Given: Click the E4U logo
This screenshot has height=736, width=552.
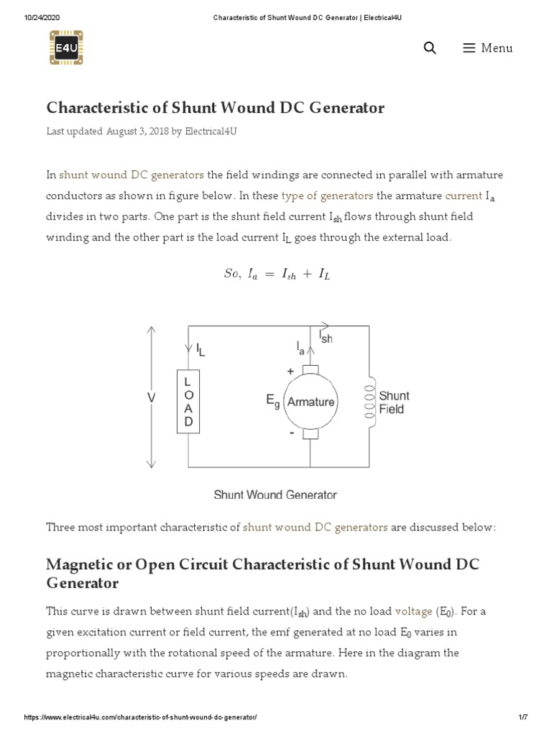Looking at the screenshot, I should coord(66,47).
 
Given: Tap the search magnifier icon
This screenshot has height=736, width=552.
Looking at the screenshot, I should coord(430,48).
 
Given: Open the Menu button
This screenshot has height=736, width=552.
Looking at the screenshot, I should coord(488,48).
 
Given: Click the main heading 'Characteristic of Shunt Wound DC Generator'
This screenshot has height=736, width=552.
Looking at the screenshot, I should coord(215,108).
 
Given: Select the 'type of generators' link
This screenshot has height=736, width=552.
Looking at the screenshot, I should coord(327,195).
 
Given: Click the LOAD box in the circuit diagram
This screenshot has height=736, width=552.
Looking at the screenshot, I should coord(188,402).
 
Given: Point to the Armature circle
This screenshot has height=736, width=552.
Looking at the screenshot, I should coord(310,402).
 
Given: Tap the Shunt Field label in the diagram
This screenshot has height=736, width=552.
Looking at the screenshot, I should coord(394,402).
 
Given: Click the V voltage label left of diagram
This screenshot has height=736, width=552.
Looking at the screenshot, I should coord(152,396).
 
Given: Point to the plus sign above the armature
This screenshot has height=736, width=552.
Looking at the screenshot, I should coord(290,372).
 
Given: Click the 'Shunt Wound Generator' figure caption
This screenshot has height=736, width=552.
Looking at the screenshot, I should coord(275,494).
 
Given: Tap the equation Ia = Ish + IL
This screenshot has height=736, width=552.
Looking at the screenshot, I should coord(277,274).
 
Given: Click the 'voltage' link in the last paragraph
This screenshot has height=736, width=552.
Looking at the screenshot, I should coord(413,611).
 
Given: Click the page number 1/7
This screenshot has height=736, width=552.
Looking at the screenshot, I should coord(523,717).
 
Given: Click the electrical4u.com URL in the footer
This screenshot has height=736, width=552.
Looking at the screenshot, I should coord(140,717).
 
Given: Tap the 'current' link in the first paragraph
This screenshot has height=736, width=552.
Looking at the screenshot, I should coord(464,195).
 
